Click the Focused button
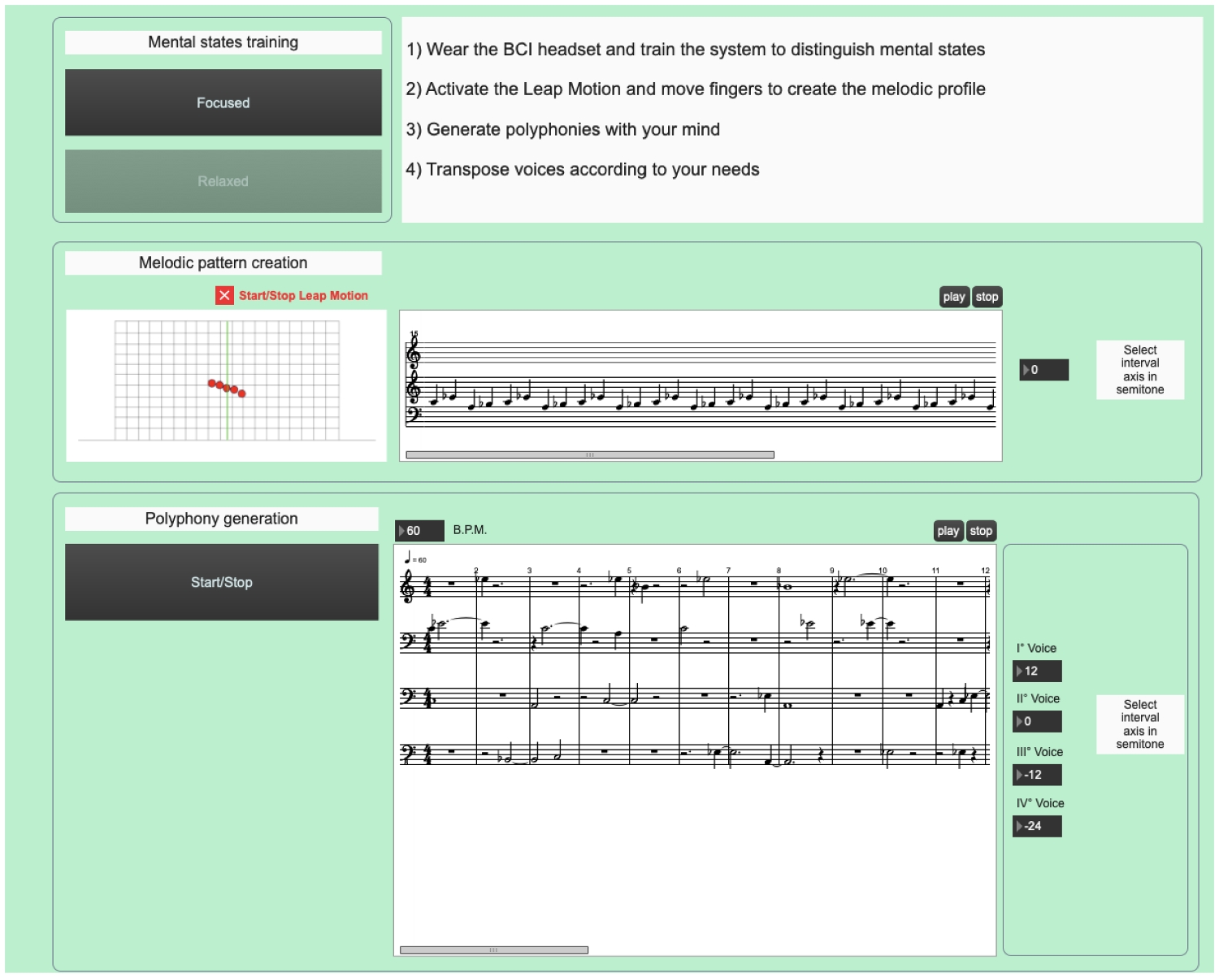223,102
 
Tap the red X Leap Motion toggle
224,295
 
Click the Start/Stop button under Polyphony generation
222,582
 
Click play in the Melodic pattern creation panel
954,297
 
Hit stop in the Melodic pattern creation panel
987,297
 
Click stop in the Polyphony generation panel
981,531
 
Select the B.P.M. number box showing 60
419,531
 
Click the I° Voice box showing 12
1037,671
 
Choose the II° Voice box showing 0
1037,721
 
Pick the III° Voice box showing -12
1037,775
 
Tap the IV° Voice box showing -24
1037,826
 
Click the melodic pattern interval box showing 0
1044,370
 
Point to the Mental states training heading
223,42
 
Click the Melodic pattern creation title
223,263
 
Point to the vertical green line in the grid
228,380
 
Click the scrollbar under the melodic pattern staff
590,454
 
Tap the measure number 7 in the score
728,570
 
